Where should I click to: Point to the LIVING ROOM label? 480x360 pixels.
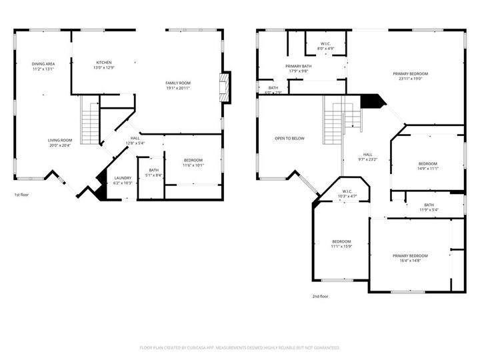[x=59, y=141]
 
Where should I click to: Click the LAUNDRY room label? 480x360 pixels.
[x=123, y=178]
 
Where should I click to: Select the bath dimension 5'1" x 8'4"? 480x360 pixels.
[x=154, y=175]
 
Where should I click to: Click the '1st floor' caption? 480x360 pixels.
[x=23, y=195]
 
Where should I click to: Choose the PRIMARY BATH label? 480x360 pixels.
[x=299, y=67]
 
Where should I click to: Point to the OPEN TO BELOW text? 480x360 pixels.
[x=289, y=139]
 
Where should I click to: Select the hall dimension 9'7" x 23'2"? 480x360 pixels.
[x=368, y=159]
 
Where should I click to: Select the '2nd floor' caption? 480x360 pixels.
[x=320, y=297]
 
